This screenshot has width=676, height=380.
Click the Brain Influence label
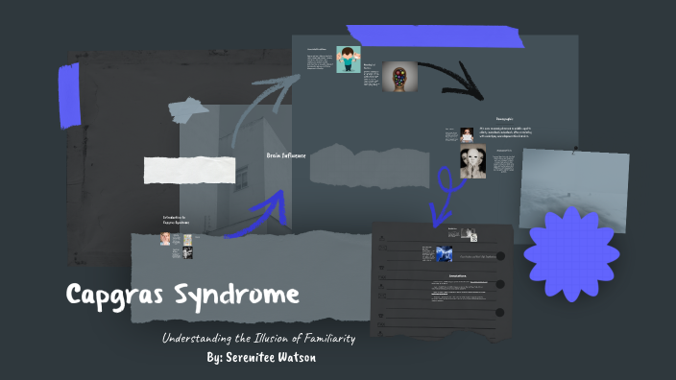285,154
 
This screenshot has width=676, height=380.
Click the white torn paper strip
189,169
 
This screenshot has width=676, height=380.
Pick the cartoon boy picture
348,60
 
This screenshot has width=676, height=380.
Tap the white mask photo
472,160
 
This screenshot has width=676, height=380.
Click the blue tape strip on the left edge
69,95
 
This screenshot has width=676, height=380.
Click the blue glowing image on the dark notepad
443,253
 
